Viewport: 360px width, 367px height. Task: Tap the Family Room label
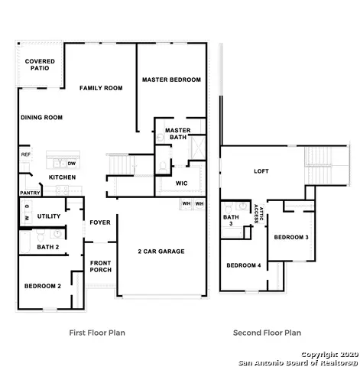pos(101,89)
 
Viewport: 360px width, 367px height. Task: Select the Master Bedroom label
pos(171,80)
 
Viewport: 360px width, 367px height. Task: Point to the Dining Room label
pos(41,117)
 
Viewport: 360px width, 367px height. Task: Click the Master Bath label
pos(177,134)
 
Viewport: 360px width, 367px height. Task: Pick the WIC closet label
pos(181,183)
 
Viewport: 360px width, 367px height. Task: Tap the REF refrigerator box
pos(25,154)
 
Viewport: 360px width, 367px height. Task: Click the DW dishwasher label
pos(71,164)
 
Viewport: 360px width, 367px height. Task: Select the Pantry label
pos(30,193)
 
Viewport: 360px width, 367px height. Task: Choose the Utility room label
pos(49,216)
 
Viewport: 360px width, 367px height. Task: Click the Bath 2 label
pos(47,247)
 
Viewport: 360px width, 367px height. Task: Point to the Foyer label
pos(100,222)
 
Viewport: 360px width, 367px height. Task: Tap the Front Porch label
pos(100,265)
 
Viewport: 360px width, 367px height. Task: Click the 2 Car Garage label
pos(161,251)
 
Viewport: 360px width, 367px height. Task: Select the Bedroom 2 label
pos(43,285)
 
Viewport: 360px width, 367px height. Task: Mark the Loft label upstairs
pos(262,171)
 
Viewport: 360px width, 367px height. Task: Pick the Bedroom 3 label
pos(291,237)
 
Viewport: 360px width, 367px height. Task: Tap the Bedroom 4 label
pos(242,265)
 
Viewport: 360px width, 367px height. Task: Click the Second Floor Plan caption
pos(267,333)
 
